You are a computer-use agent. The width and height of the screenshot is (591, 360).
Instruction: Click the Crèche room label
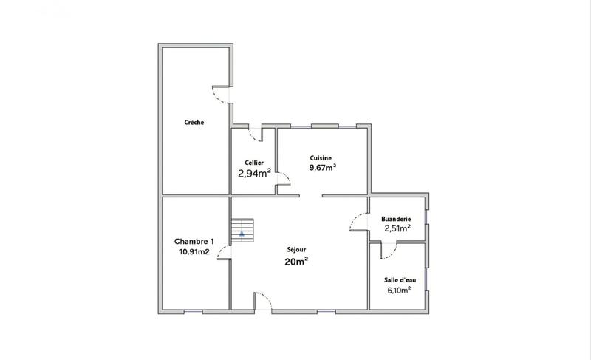[x=194, y=122]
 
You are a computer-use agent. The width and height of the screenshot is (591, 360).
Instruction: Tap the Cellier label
[x=254, y=163]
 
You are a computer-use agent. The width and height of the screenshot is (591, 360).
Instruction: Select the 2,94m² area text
[x=254, y=174]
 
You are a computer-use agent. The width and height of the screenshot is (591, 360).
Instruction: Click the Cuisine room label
[x=321, y=157]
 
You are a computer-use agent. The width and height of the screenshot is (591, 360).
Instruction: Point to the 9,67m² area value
[x=323, y=167]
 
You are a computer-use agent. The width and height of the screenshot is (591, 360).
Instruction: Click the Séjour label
[x=296, y=250]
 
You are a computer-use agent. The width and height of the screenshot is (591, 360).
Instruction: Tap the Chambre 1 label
[x=194, y=241]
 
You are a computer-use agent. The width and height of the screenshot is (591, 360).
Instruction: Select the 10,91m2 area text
[x=194, y=251]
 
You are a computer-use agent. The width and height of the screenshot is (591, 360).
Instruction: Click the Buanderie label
[x=396, y=219]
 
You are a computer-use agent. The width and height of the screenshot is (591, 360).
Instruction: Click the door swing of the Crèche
[x=221, y=95]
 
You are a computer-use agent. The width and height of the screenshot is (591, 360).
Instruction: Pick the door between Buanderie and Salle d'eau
[x=389, y=251]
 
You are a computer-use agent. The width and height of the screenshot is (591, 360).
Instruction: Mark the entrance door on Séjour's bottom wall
[x=264, y=303]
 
